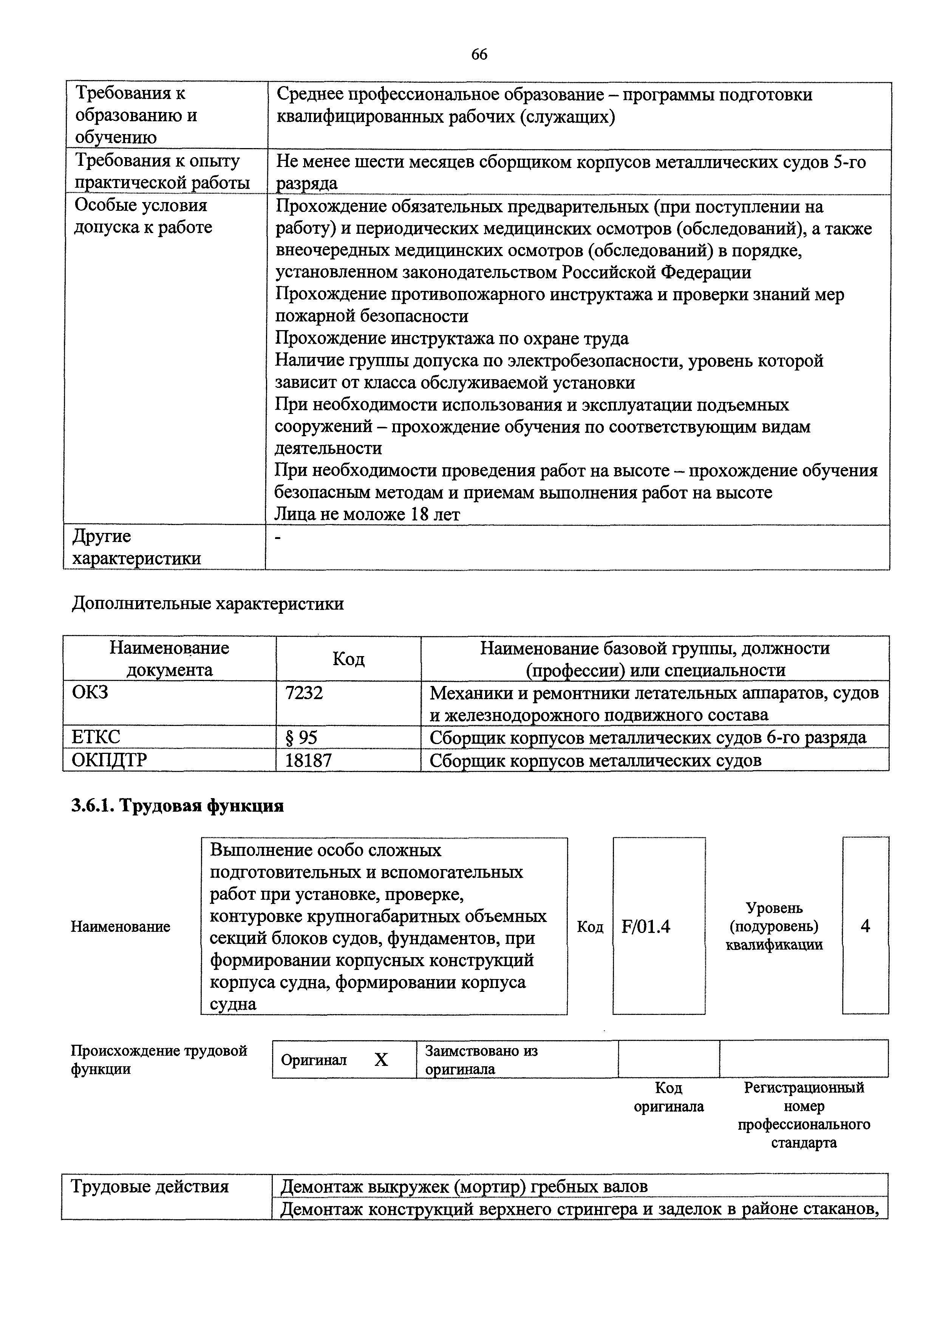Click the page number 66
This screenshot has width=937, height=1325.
(x=479, y=54)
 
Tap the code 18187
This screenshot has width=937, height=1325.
(x=308, y=760)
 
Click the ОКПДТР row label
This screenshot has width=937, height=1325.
(x=109, y=760)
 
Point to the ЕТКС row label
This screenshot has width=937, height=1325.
(x=96, y=737)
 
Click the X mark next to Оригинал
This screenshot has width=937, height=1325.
(x=381, y=1059)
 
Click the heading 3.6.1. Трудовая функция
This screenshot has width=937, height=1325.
(x=177, y=806)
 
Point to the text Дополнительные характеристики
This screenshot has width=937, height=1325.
(x=208, y=604)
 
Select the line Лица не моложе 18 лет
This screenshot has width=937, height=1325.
(x=367, y=514)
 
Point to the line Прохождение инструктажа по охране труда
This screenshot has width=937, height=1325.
(x=451, y=338)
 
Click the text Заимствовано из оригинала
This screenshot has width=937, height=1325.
(x=481, y=1059)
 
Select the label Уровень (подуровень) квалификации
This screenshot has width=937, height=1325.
(x=774, y=926)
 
